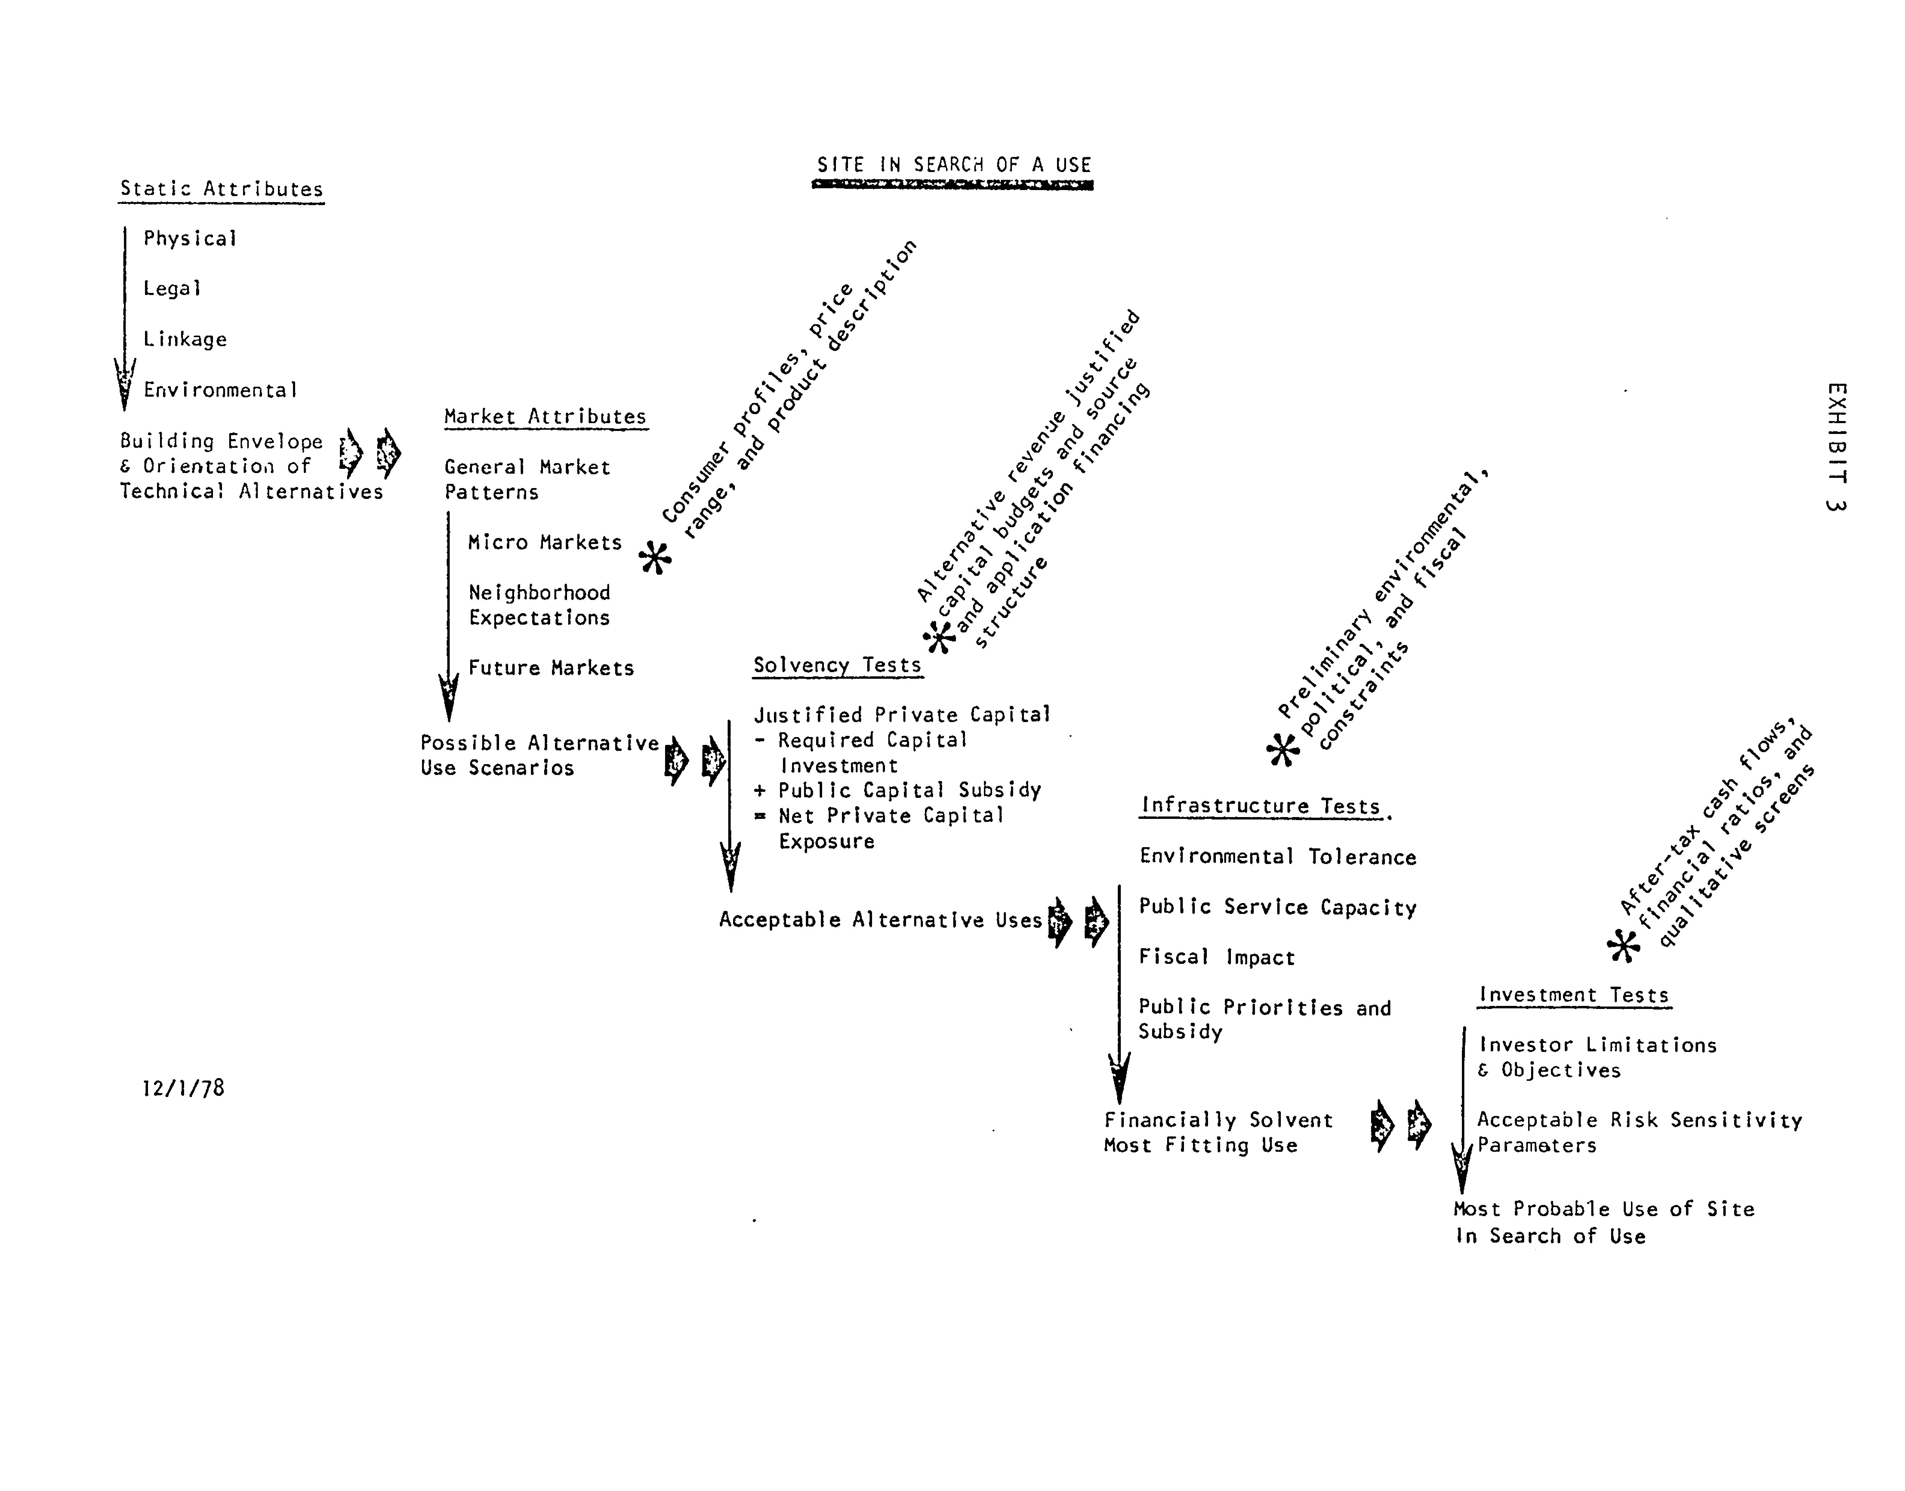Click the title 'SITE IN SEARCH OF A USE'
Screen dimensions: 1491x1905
[953, 165]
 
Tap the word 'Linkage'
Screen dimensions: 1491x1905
[185, 339]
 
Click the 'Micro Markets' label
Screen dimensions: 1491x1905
[545, 542]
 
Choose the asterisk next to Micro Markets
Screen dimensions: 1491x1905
[655, 557]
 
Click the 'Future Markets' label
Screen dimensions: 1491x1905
[551, 668]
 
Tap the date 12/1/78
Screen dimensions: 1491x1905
[183, 1088]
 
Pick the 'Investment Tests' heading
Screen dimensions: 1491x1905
[1573, 994]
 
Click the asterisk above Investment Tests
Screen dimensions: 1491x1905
[1623, 945]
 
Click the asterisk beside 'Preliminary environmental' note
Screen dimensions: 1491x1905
[1283, 749]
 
